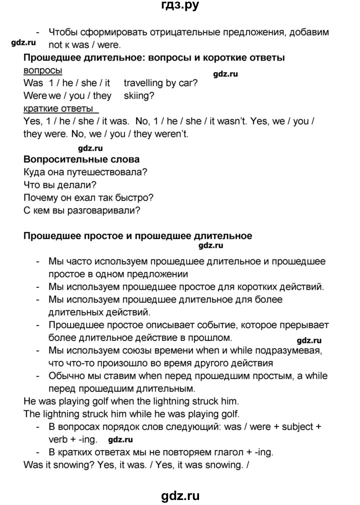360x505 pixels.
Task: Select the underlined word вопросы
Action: click(x=42, y=70)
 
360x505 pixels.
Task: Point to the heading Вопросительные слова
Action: click(x=81, y=159)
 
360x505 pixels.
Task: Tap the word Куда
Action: click(x=35, y=172)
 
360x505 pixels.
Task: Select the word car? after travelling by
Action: click(x=187, y=83)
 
